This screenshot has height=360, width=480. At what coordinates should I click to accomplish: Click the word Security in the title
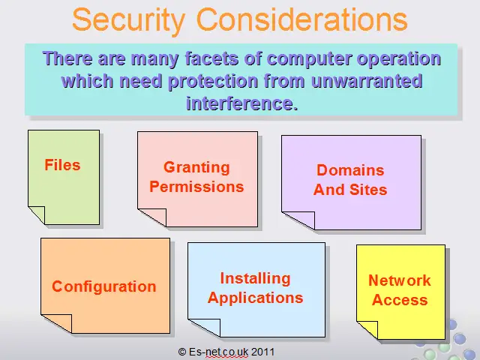129,20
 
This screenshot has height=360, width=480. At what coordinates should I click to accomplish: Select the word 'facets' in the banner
211,58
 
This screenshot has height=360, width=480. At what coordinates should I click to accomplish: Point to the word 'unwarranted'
367,81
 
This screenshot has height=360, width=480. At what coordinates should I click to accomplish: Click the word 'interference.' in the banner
241,103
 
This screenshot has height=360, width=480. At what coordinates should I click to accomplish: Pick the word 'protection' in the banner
213,82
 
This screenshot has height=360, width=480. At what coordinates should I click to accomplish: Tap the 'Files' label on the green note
62,165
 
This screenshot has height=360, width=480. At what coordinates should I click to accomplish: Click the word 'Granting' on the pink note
196,168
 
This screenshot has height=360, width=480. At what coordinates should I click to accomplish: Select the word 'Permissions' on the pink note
196,187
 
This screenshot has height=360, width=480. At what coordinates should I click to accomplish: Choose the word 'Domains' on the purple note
350,170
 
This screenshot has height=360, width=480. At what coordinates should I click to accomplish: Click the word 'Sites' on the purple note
368,190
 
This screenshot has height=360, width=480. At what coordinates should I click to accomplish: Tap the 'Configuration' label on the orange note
104,286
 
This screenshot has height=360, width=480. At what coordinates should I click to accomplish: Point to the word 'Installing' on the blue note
255,279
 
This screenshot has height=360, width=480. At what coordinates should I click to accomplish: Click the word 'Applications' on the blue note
255,298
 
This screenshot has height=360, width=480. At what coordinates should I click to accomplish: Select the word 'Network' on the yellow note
400,280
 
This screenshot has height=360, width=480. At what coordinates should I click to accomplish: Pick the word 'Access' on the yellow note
400,300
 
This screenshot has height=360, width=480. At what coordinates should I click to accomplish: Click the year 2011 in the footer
262,352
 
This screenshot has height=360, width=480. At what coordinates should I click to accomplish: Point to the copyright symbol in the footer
182,352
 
